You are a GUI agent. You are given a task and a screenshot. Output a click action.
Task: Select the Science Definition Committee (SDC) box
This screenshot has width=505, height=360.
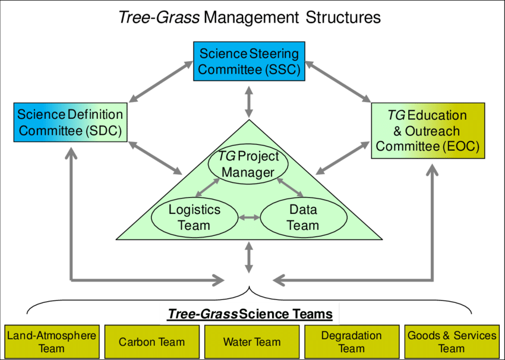[x=70, y=122]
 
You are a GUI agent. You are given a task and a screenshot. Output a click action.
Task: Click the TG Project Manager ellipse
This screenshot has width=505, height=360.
[x=248, y=165]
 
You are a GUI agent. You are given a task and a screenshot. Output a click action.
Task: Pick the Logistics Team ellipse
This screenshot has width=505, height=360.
[x=194, y=217]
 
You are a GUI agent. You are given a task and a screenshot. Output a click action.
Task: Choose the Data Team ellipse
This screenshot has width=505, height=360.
[x=303, y=217]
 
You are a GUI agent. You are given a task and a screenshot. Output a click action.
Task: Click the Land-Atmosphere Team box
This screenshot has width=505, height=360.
[x=52, y=342]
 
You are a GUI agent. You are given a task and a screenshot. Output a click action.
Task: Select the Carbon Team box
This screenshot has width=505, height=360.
[x=151, y=342]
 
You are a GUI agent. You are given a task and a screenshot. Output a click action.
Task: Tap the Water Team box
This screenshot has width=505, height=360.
[x=252, y=342]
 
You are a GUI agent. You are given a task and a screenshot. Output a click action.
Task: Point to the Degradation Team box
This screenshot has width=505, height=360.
[x=352, y=342]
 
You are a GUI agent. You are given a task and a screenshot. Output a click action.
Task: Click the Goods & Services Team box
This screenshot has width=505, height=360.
[x=452, y=342]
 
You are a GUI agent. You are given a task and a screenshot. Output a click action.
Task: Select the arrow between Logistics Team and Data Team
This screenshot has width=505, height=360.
[x=249, y=217]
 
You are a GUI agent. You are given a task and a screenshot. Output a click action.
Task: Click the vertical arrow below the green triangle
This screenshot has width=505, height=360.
[x=249, y=257]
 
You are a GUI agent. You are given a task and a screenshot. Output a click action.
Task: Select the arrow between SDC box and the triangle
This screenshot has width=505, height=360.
[x=156, y=157]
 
